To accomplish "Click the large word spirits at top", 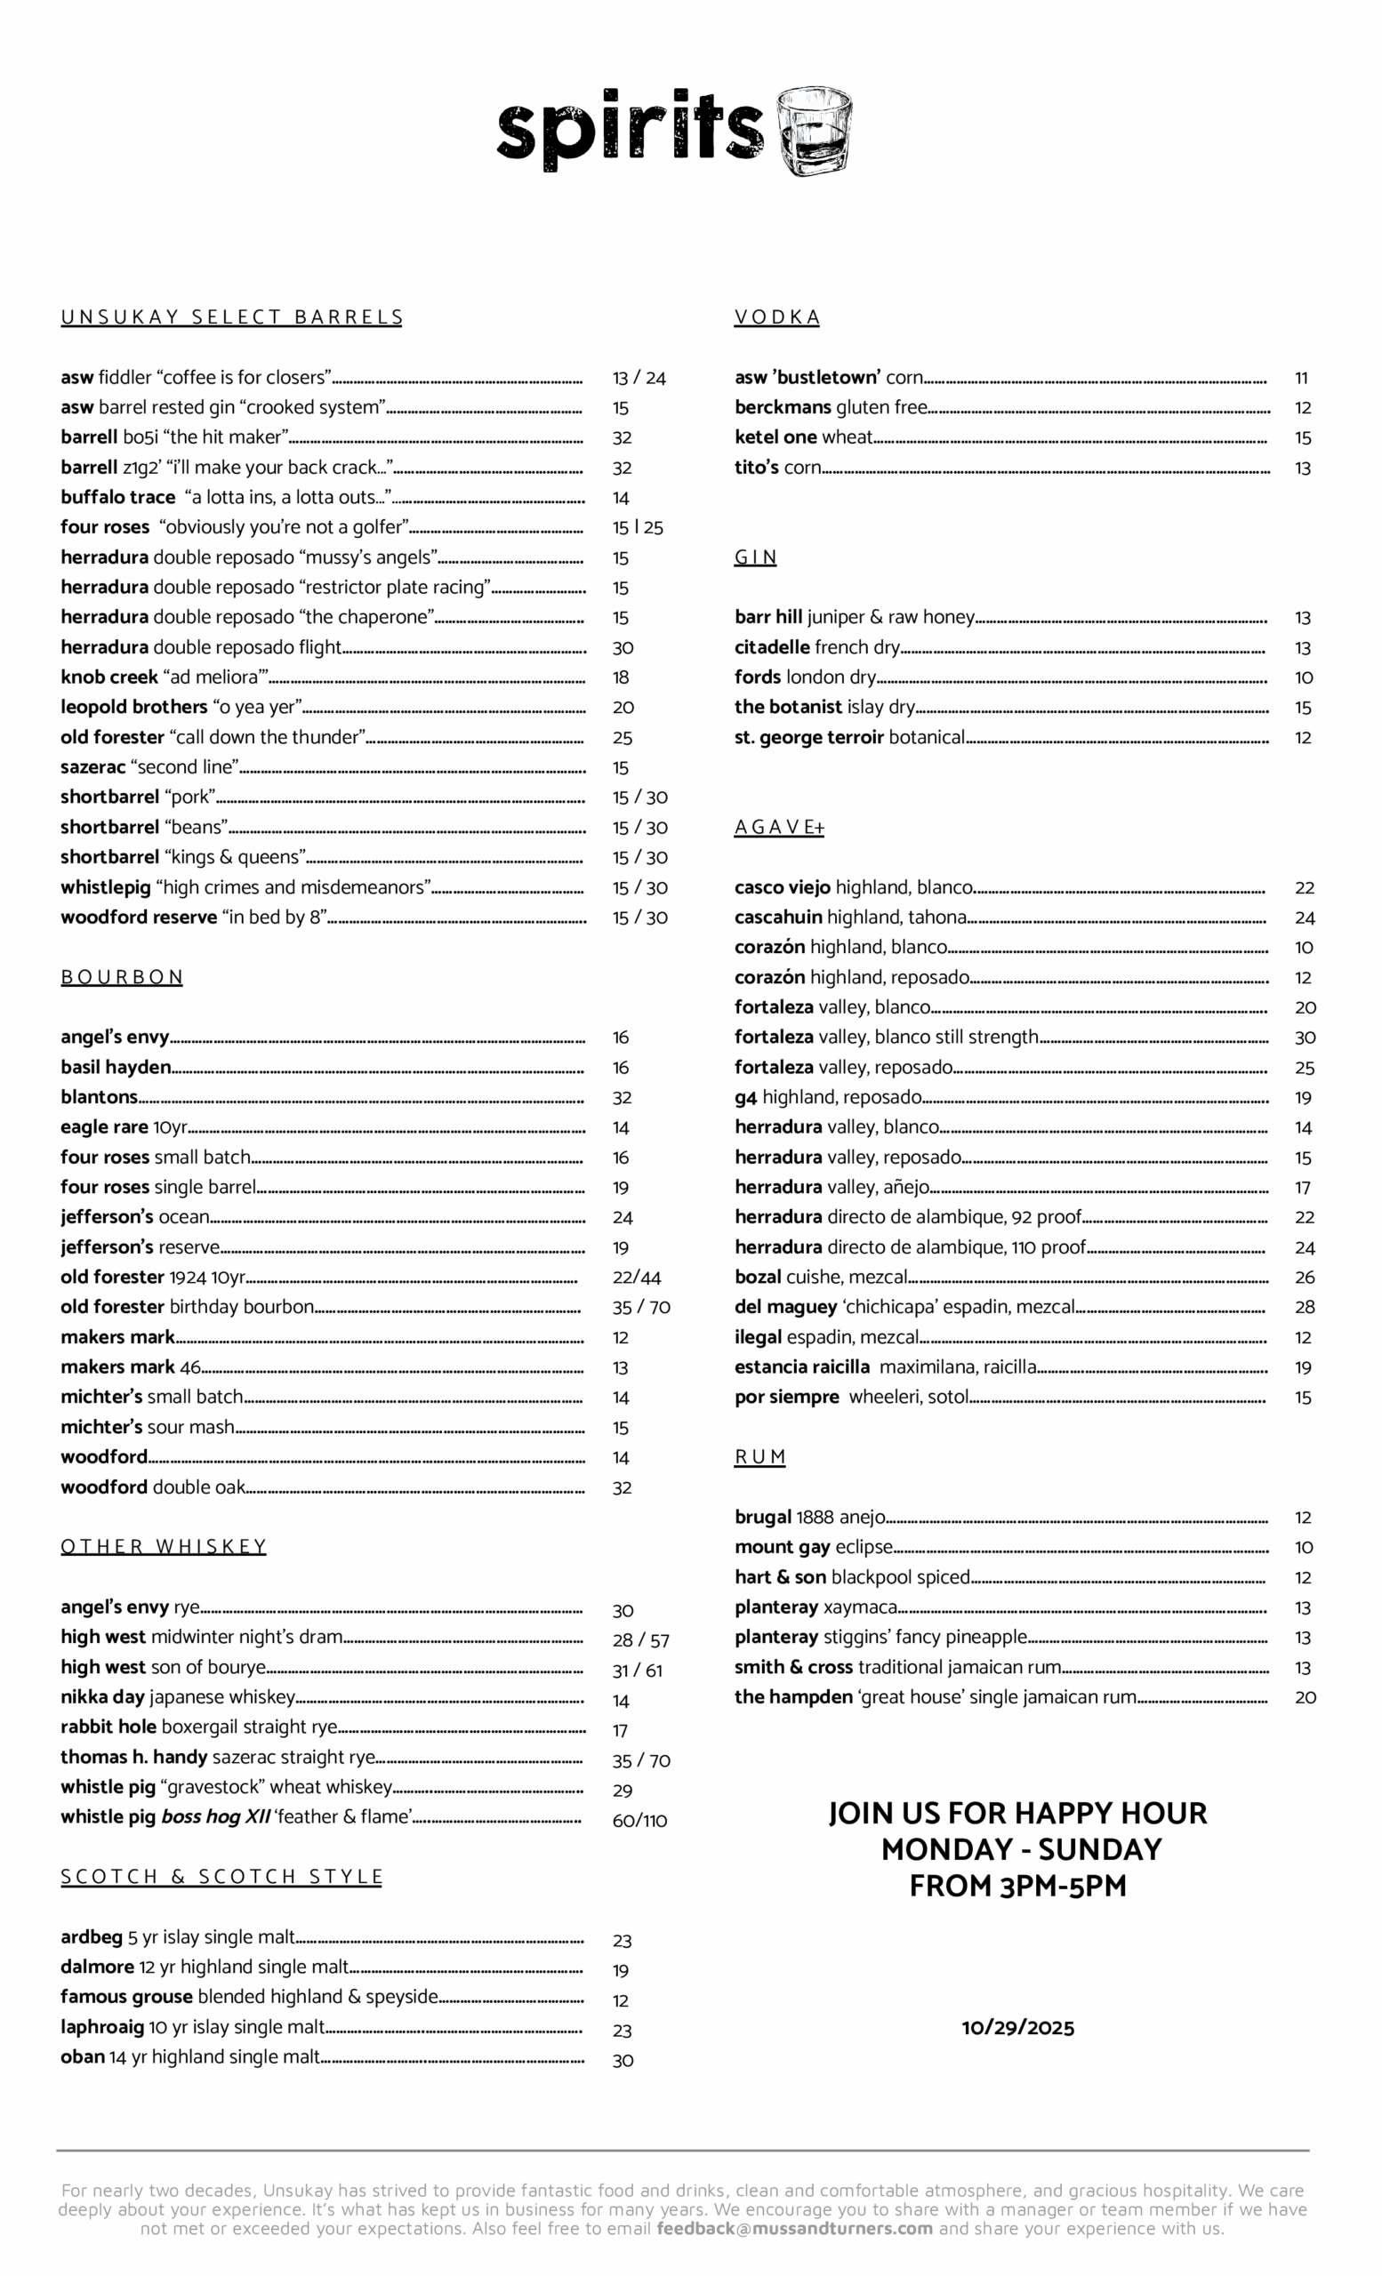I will [630, 129].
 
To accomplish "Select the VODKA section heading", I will [777, 317].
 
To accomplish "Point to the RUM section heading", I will [759, 1457].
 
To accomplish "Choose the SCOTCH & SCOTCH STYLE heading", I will [221, 1877].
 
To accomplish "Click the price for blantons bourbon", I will [622, 1098].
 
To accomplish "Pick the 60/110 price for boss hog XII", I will [639, 1822].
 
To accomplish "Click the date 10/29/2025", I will [1017, 2029].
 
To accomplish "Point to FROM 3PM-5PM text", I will [1017, 1887].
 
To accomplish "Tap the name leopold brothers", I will [134, 708].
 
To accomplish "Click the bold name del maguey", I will [785, 1308].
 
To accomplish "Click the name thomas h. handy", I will [134, 1758].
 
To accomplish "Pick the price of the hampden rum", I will [1305, 1698].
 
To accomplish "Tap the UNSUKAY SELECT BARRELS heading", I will [232, 317].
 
